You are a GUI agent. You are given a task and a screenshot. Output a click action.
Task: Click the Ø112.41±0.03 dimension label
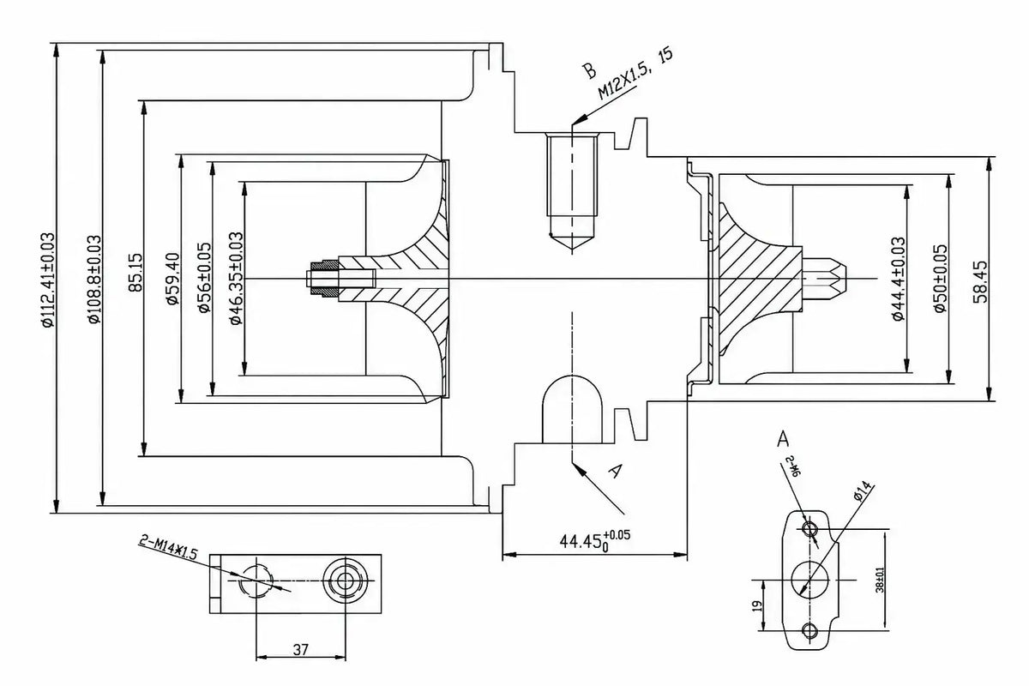tap(48, 280)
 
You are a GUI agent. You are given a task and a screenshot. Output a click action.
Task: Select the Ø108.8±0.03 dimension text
tap(94, 280)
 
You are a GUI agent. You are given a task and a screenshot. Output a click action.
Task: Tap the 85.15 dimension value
tap(135, 273)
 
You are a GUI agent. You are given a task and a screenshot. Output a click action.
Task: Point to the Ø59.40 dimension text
tap(172, 279)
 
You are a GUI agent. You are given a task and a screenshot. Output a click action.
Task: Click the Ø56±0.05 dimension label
tap(204, 278)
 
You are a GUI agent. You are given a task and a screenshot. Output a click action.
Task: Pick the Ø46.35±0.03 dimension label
tap(236, 278)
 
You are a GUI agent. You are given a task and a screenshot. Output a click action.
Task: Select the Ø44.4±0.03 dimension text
tap(899, 279)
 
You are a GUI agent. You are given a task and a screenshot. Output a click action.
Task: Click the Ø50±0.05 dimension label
tap(940, 279)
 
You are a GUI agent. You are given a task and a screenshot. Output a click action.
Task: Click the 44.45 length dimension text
tap(594, 541)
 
